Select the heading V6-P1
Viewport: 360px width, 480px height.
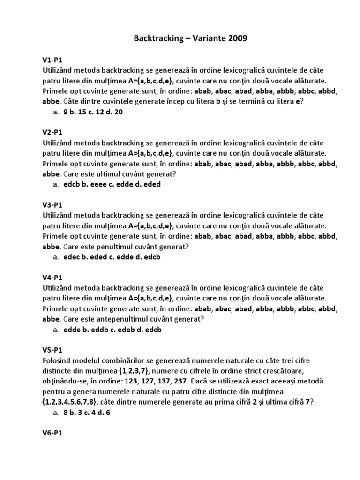(52, 433)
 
